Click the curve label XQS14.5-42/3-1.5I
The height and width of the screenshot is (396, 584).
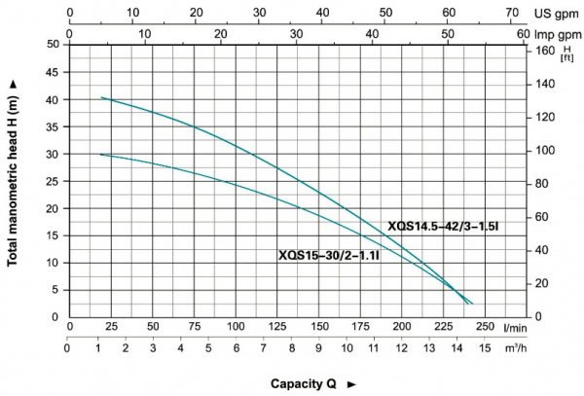(442, 226)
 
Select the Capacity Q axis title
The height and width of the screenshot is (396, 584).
(304, 383)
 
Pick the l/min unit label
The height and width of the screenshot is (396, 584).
(515, 329)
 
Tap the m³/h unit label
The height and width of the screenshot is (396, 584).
(515, 345)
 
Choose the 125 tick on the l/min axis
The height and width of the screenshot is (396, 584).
(277, 329)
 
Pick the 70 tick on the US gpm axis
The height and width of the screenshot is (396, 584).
(512, 13)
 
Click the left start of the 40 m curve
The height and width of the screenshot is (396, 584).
(101, 97)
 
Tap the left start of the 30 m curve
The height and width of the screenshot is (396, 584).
(100, 154)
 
